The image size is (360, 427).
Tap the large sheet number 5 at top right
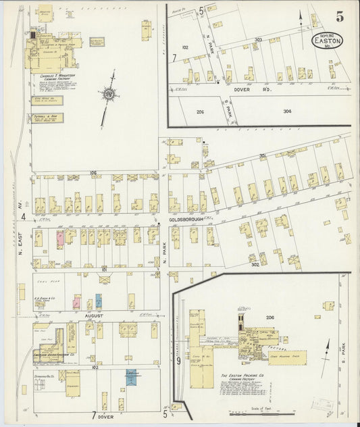(x=338, y=14)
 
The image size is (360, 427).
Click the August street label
(x=93, y=316)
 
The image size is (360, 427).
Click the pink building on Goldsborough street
(x=60, y=238)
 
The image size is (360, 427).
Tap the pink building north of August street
(x=76, y=302)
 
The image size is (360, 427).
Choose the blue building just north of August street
(x=99, y=301)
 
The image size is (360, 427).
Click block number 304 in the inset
(x=288, y=111)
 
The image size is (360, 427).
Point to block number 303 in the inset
(x=258, y=40)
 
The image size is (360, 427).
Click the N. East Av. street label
(x=21, y=243)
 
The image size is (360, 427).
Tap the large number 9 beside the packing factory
(x=179, y=361)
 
